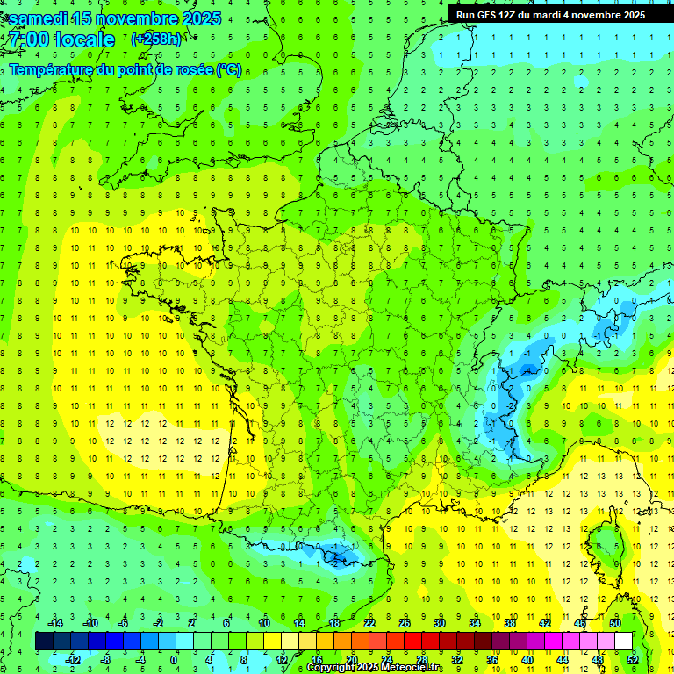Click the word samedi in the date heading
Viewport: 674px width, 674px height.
39,18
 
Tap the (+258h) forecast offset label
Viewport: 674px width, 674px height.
156,39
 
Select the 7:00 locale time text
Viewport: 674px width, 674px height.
60,39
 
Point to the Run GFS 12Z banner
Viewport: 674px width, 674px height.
550,15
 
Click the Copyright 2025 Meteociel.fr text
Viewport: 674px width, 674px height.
375,668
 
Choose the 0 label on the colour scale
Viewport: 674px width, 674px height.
174,660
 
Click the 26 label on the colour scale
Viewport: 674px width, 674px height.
405,623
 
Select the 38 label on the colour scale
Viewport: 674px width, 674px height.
510,623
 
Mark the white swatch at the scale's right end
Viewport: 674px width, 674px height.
624,642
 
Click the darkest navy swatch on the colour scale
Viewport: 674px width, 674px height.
44,642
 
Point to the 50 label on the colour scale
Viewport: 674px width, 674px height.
615,623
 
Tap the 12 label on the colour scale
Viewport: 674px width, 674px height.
282,660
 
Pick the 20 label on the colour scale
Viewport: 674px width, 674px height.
352,660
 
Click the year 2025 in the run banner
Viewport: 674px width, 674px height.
631,15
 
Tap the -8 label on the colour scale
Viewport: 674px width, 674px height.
105,660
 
